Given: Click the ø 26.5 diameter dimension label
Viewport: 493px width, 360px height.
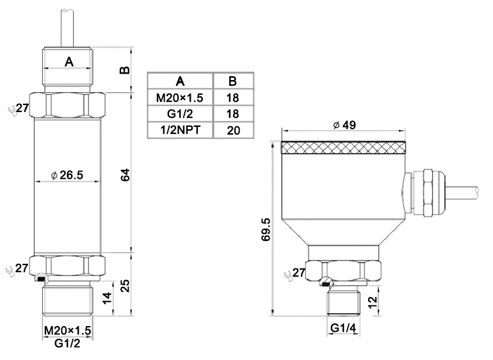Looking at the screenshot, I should (67, 175).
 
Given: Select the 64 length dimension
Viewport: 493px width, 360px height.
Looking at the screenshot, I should (127, 174).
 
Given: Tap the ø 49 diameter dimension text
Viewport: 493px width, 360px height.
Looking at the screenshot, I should (344, 125).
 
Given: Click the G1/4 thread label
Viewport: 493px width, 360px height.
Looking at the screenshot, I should (343, 329).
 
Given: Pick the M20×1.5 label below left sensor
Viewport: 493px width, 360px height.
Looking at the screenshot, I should (67, 330).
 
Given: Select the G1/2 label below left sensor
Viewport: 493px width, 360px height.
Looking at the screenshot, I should (67, 343).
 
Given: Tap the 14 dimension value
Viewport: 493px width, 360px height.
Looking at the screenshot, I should (108, 298).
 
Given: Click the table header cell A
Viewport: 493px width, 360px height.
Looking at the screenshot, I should (180, 81).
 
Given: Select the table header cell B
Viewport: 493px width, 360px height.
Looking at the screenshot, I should (232, 81).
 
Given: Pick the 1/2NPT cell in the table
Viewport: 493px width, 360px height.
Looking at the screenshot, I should (180, 130).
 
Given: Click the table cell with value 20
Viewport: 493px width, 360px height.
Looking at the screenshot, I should (232, 130).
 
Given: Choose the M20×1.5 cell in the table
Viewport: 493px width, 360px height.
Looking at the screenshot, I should (180, 97).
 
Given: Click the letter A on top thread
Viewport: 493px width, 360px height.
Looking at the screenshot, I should (69, 62).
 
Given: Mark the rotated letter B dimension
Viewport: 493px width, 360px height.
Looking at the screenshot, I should (125, 69).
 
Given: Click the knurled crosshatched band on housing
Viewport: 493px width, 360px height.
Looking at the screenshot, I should (344, 148).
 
